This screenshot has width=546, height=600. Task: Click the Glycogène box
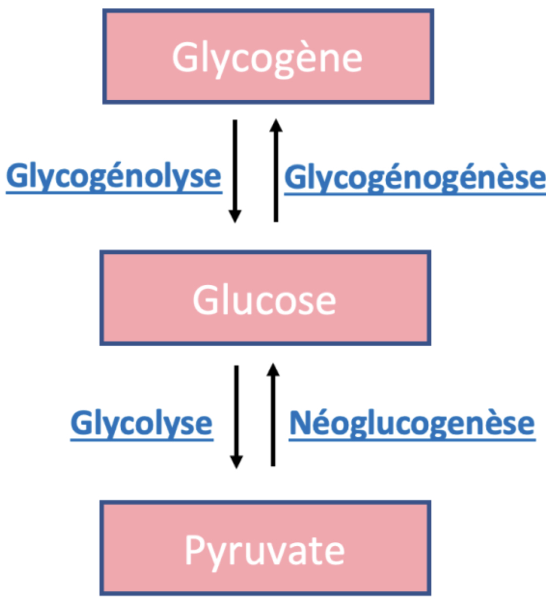pyautogui.click(x=268, y=56)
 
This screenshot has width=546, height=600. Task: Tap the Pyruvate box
pyautogui.click(x=265, y=548)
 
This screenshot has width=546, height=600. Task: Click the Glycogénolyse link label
pyautogui.click(x=114, y=176)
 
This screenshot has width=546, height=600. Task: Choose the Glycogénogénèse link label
pyautogui.click(x=414, y=178)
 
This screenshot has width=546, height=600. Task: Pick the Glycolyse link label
pyautogui.click(x=141, y=423)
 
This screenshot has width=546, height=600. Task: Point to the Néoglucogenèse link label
pyautogui.click(x=412, y=423)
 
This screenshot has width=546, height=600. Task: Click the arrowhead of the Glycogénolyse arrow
pyautogui.click(x=235, y=216)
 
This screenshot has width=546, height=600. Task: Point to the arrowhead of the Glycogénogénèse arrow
pyautogui.click(x=276, y=126)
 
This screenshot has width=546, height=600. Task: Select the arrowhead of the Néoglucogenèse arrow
pyautogui.click(x=273, y=370)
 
